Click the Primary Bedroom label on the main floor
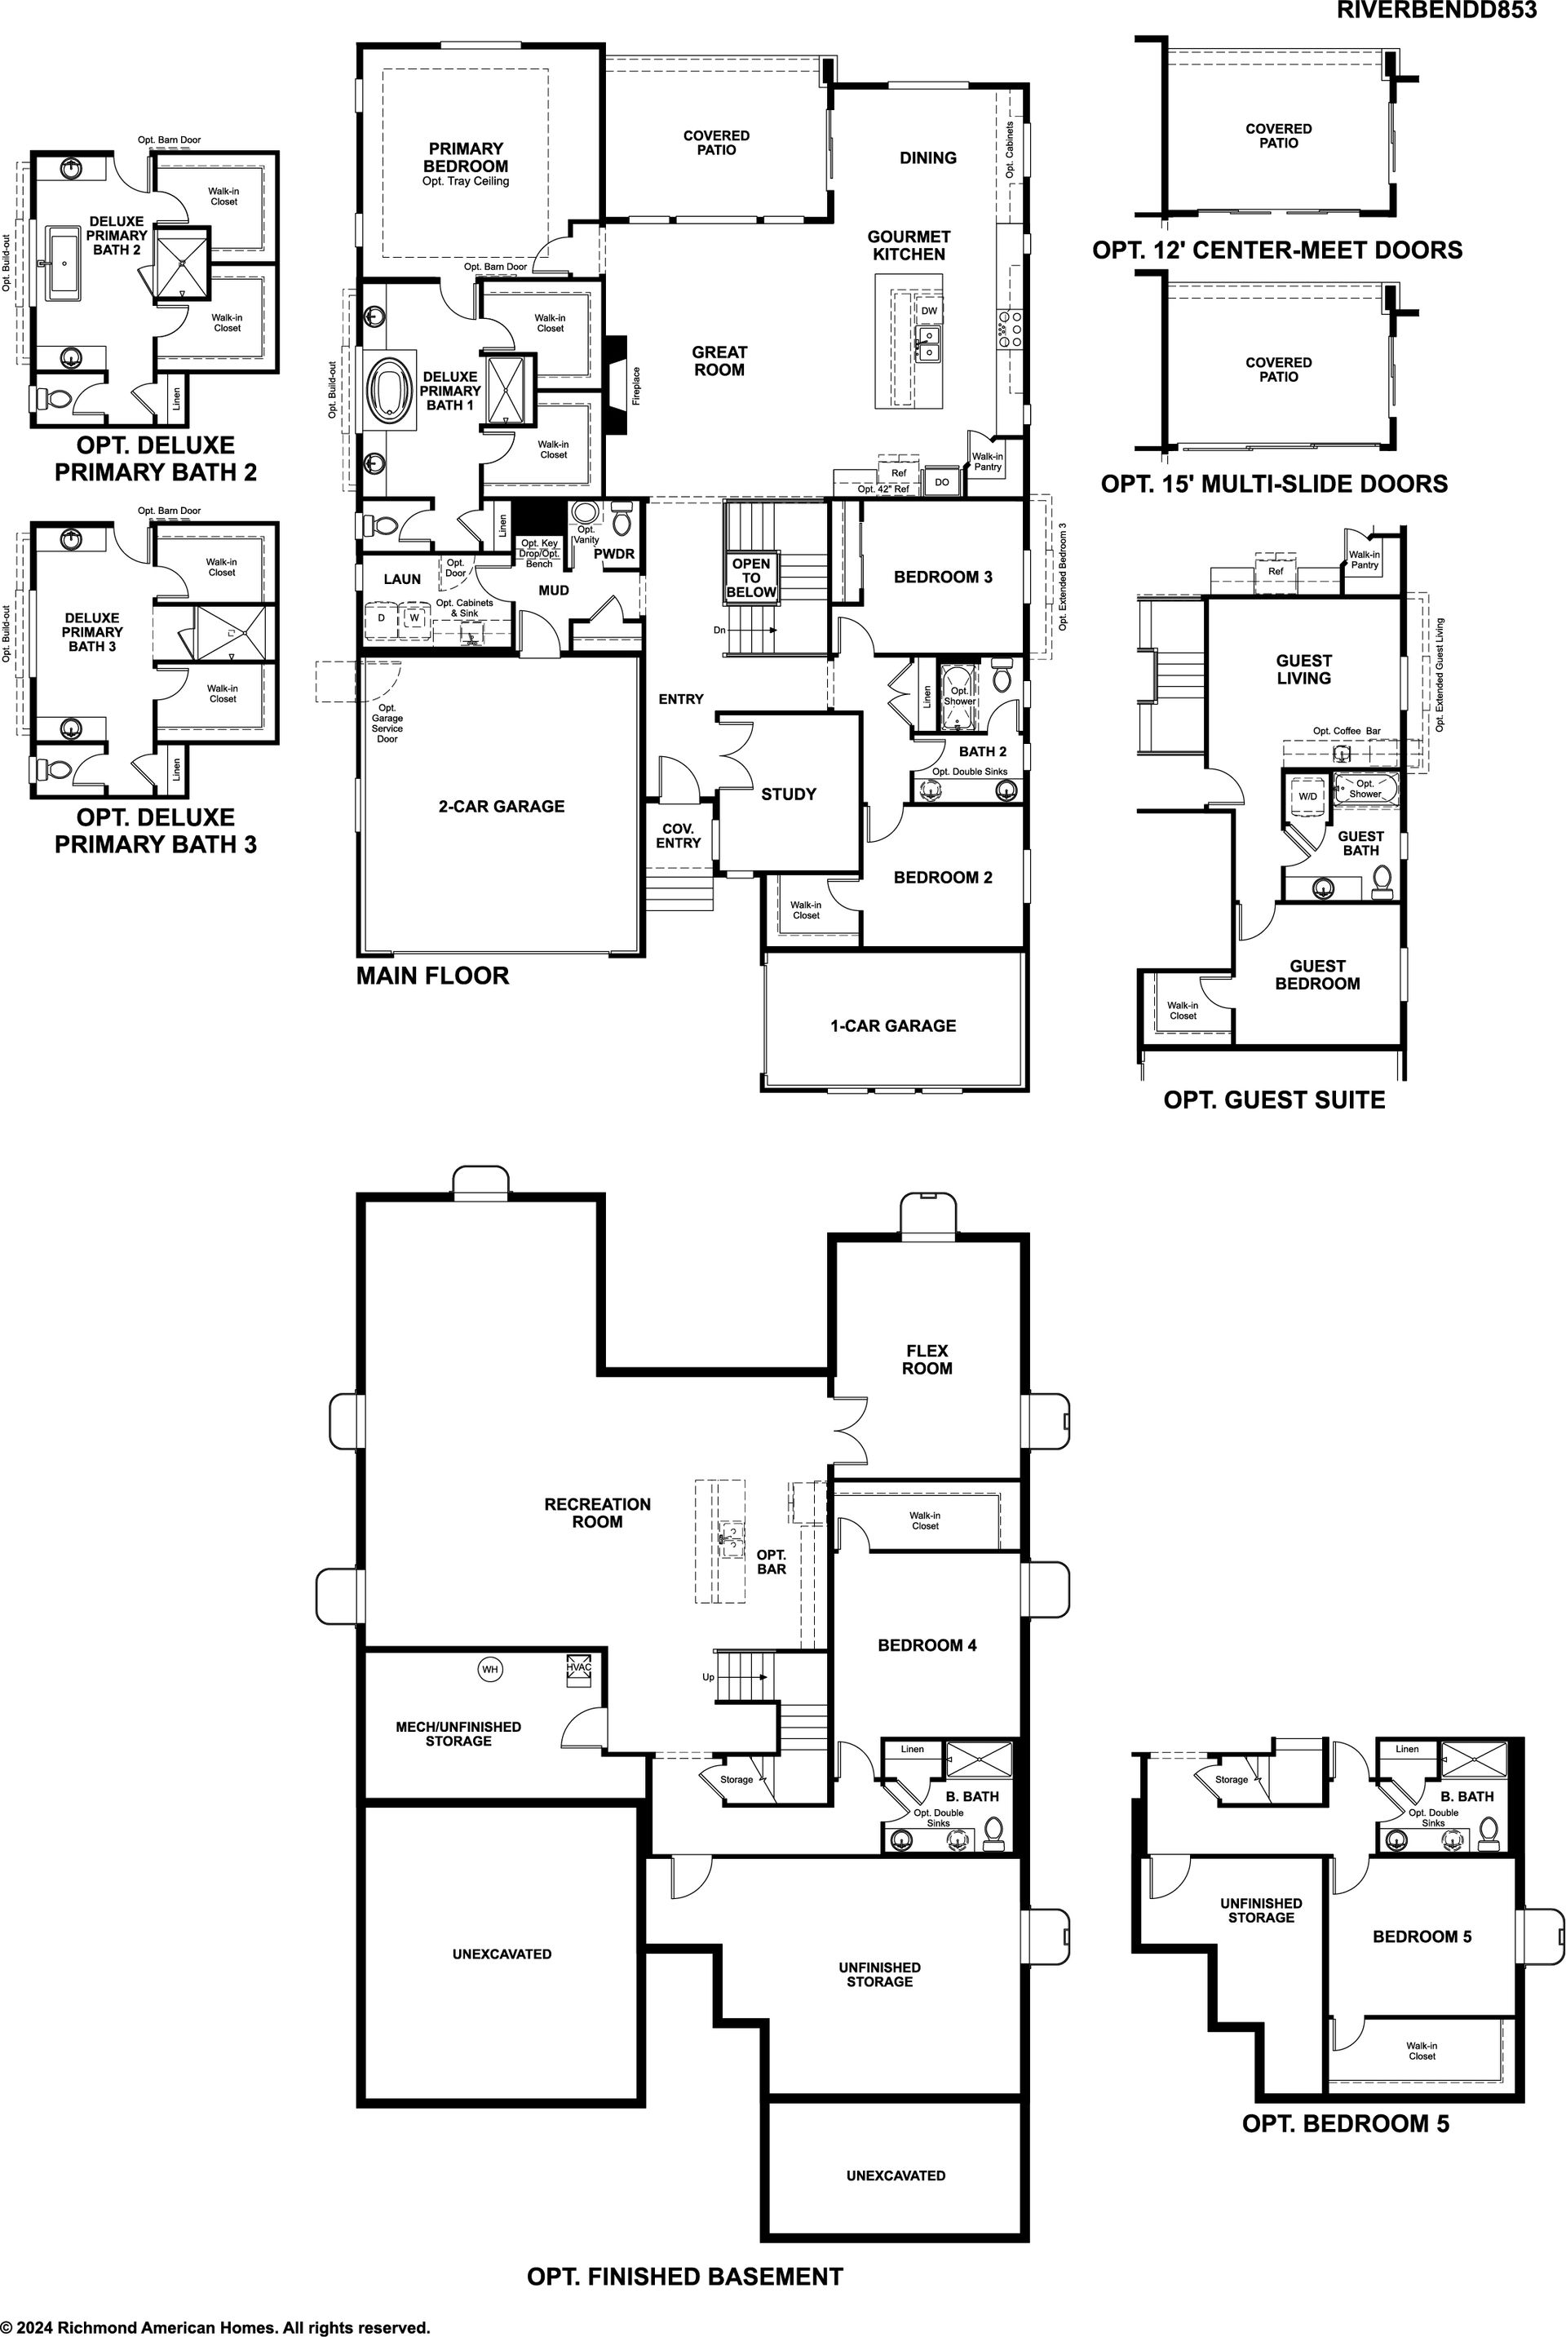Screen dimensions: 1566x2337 click(x=466, y=157)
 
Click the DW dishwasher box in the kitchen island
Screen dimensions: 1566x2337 click(x=929, y=311)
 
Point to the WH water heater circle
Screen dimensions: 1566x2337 click(x=489, y=1669)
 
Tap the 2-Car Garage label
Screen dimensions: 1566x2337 click(x=502, y=806)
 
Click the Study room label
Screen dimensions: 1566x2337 click(x=789, y=794)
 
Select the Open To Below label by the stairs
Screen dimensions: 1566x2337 click(x=751, y=578)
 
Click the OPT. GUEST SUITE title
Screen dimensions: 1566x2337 click(x=1274, y=1100)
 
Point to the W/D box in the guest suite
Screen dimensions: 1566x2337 click(x=1307, y=796)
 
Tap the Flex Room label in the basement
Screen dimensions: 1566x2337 click(x=927, y=1359)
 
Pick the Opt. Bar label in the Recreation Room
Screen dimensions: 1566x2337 click(x=771, y=1561)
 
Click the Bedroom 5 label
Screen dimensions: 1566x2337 click(x=1422, y=1936)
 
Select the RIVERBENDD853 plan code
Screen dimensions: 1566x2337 click(x=1436, y=10)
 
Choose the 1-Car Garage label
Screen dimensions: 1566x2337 click(x=893, y=1025)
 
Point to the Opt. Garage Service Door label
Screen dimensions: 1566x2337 click(x=387, y=723)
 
